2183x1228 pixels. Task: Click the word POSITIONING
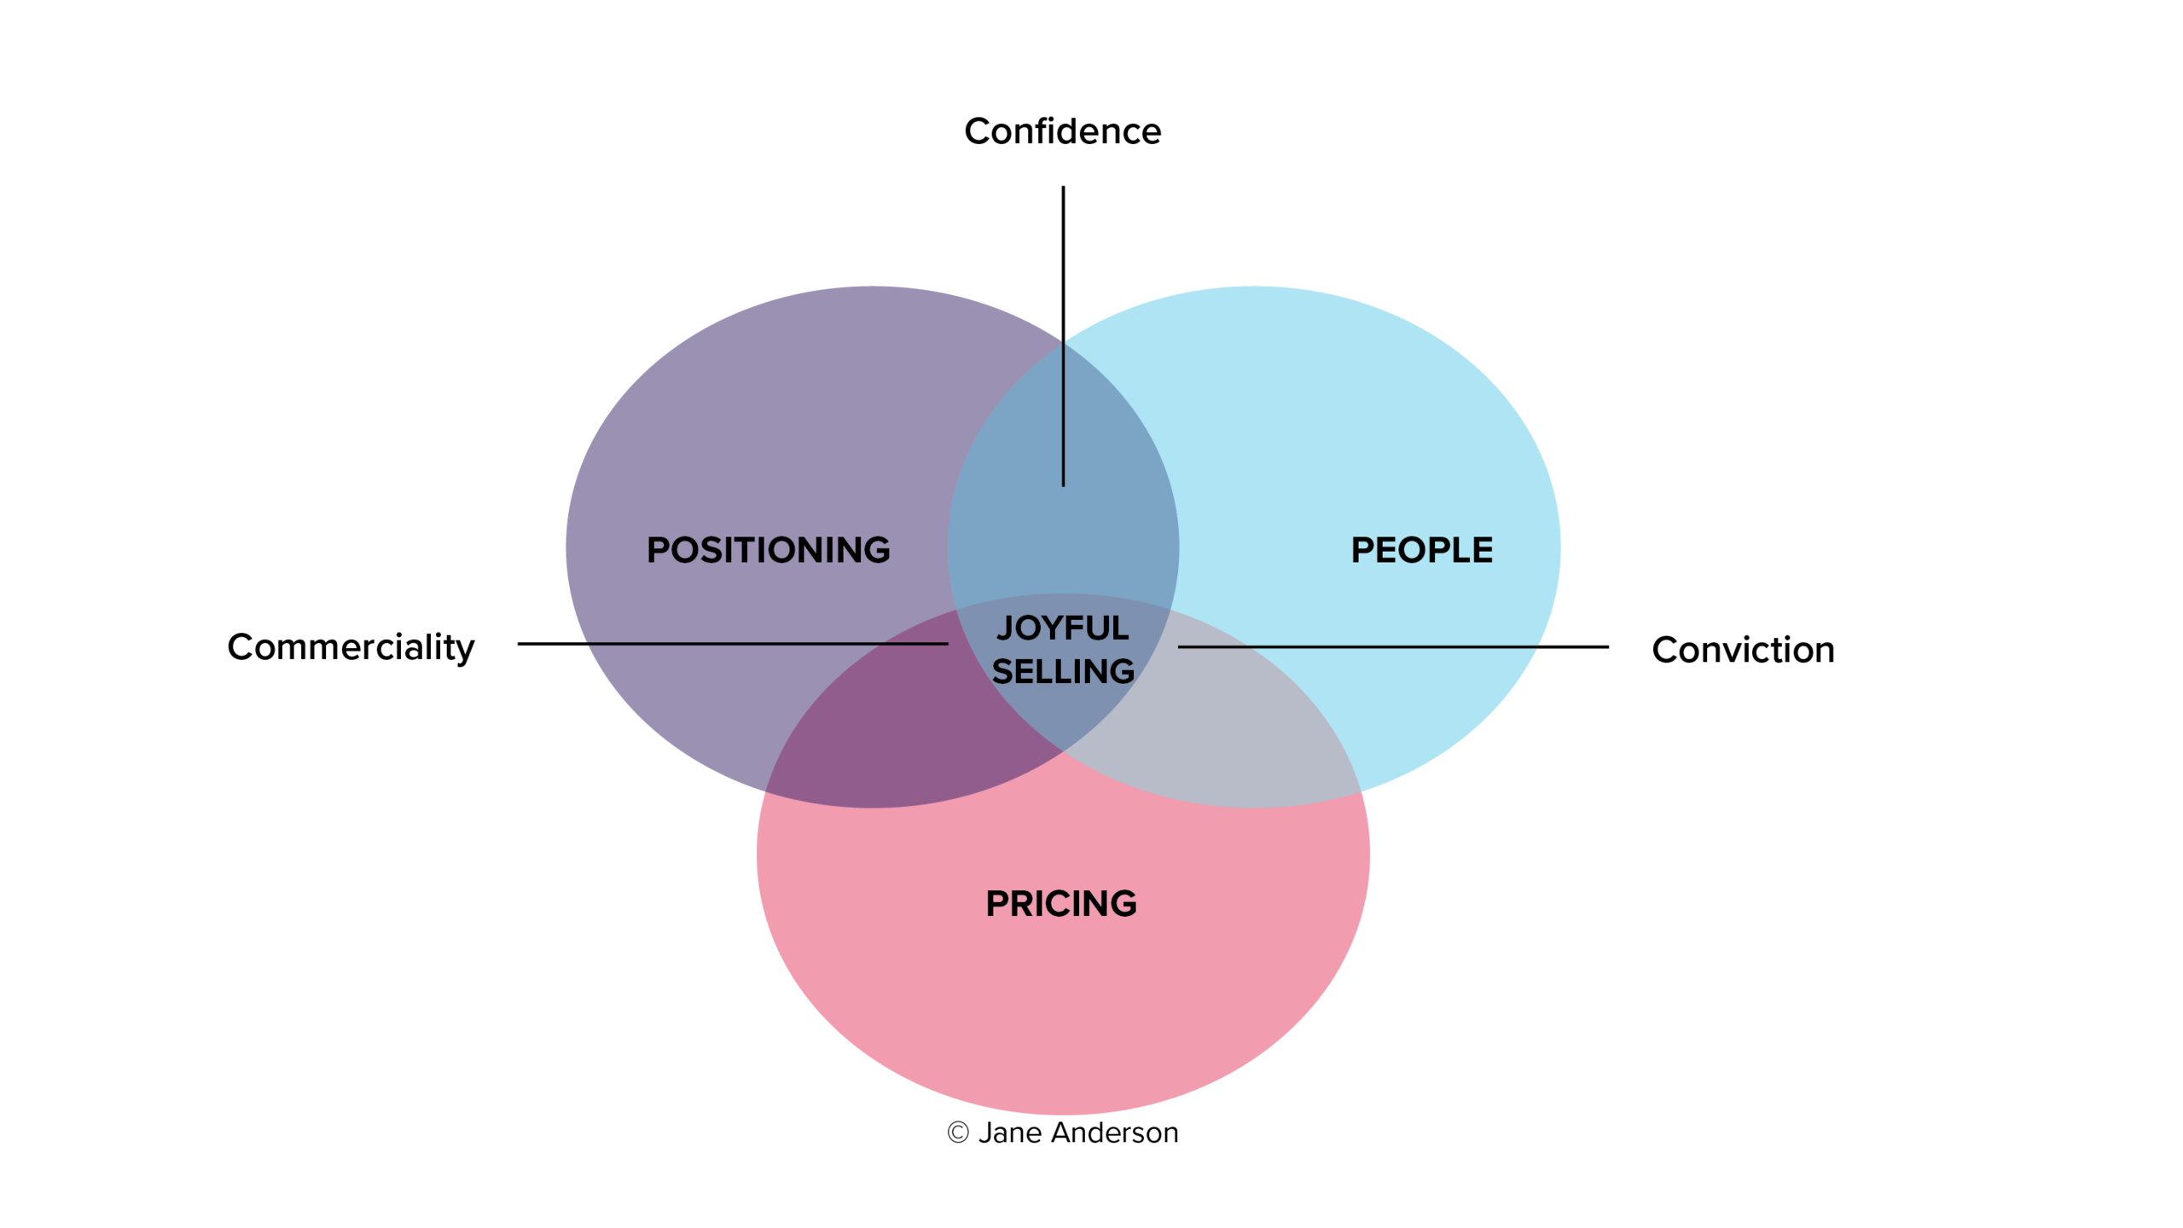coord(768,550)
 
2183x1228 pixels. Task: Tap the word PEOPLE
coord(1421,550)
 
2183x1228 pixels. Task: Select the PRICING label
coord(1061,904)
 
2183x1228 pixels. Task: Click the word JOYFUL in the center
coord(1062,628)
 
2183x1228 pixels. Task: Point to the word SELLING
coord(1063,672)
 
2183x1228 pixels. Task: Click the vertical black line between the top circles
coord(1063,414)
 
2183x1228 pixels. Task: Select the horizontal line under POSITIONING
coord(768,643)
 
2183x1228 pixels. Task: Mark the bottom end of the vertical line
coord(1063,485)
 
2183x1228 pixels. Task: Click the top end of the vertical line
coord(1063,341)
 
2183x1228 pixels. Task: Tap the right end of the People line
coord(1537,646)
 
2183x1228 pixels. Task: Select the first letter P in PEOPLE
coord(1362,550)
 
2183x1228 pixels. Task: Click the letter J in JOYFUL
coord(1005,628)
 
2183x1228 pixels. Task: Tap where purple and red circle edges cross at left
coord(767,791)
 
